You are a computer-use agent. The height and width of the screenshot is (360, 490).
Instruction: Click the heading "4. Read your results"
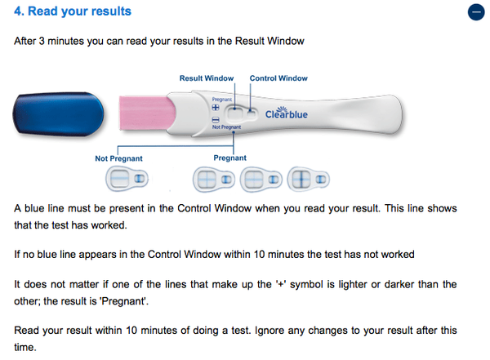click(73, 11)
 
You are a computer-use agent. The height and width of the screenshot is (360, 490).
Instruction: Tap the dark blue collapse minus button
click(476, 12)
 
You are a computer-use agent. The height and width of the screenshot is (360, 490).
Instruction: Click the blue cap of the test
click(59, 114)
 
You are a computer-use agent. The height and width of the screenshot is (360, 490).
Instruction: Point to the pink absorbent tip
click(147, 113)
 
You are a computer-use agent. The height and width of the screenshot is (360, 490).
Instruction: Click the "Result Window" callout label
click(207, 78)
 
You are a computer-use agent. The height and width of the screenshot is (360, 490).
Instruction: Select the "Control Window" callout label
click(278, 78)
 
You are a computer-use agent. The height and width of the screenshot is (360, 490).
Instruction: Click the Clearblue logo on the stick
click(287, 113)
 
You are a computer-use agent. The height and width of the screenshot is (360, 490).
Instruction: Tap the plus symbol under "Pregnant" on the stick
click(216, 108)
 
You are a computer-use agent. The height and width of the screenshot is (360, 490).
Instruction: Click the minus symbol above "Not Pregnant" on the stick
click(216, 120)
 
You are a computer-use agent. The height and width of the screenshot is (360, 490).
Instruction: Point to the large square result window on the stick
click(235, 113)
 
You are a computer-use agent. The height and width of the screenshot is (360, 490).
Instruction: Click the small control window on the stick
click(252, 113)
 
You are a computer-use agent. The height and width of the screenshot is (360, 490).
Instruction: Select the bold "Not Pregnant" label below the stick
click(118, 158)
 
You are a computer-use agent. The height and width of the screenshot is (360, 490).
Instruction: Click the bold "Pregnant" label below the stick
click(230, 158)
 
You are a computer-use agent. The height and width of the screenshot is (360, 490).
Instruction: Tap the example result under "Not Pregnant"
click(127, 179)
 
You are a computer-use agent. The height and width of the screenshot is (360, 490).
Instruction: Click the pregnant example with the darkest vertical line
click(308, 179)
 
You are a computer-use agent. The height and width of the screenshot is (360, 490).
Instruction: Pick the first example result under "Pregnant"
click(214, 179)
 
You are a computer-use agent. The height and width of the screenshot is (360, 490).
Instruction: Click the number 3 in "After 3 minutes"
click(42, 41)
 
